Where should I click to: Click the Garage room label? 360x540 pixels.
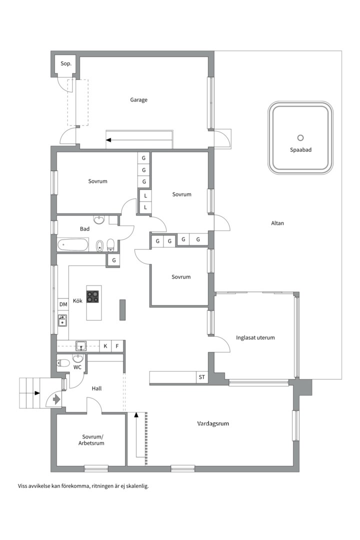[138, 100]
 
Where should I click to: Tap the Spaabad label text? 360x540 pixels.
[300, 150]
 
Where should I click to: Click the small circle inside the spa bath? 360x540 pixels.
[300, 138]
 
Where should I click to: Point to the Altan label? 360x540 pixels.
[277, 223]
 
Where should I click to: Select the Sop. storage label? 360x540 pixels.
[66, 63]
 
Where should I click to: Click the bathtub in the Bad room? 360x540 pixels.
[72, 245]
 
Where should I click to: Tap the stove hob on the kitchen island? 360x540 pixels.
[92, 296]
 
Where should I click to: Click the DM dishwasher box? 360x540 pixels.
[63, 304]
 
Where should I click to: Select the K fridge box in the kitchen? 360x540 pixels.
[105, 346]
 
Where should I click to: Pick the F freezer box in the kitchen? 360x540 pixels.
[117, 346]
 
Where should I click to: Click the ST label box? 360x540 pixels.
[202, 377]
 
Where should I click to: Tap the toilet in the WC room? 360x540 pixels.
[63, 362]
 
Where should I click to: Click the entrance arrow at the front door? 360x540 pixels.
[56, 399]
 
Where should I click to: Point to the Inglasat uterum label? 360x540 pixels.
[255, 337]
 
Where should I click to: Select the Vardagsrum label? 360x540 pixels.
[213, 423]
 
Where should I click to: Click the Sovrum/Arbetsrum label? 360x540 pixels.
[91, 440]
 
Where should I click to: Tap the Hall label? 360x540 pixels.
[96, 388]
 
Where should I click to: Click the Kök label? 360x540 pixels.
[77, 300]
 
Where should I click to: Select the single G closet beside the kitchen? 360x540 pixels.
[114, 260]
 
